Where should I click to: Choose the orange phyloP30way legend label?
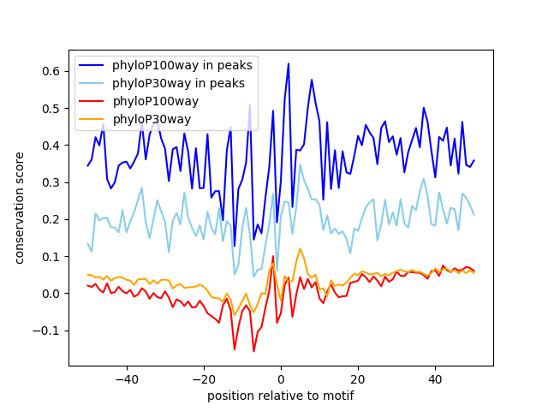point(152,119)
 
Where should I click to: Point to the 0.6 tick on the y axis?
point(53,71)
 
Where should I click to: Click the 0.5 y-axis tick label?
point(53,109)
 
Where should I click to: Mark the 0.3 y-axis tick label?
point(53,182)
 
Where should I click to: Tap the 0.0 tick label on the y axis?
point(53,294)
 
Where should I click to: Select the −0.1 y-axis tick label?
point(50,331)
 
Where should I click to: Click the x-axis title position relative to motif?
point(280,396)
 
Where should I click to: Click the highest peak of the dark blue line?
point(289,63)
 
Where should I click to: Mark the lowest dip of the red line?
point(253,351)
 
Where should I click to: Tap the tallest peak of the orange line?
point(301,248)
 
